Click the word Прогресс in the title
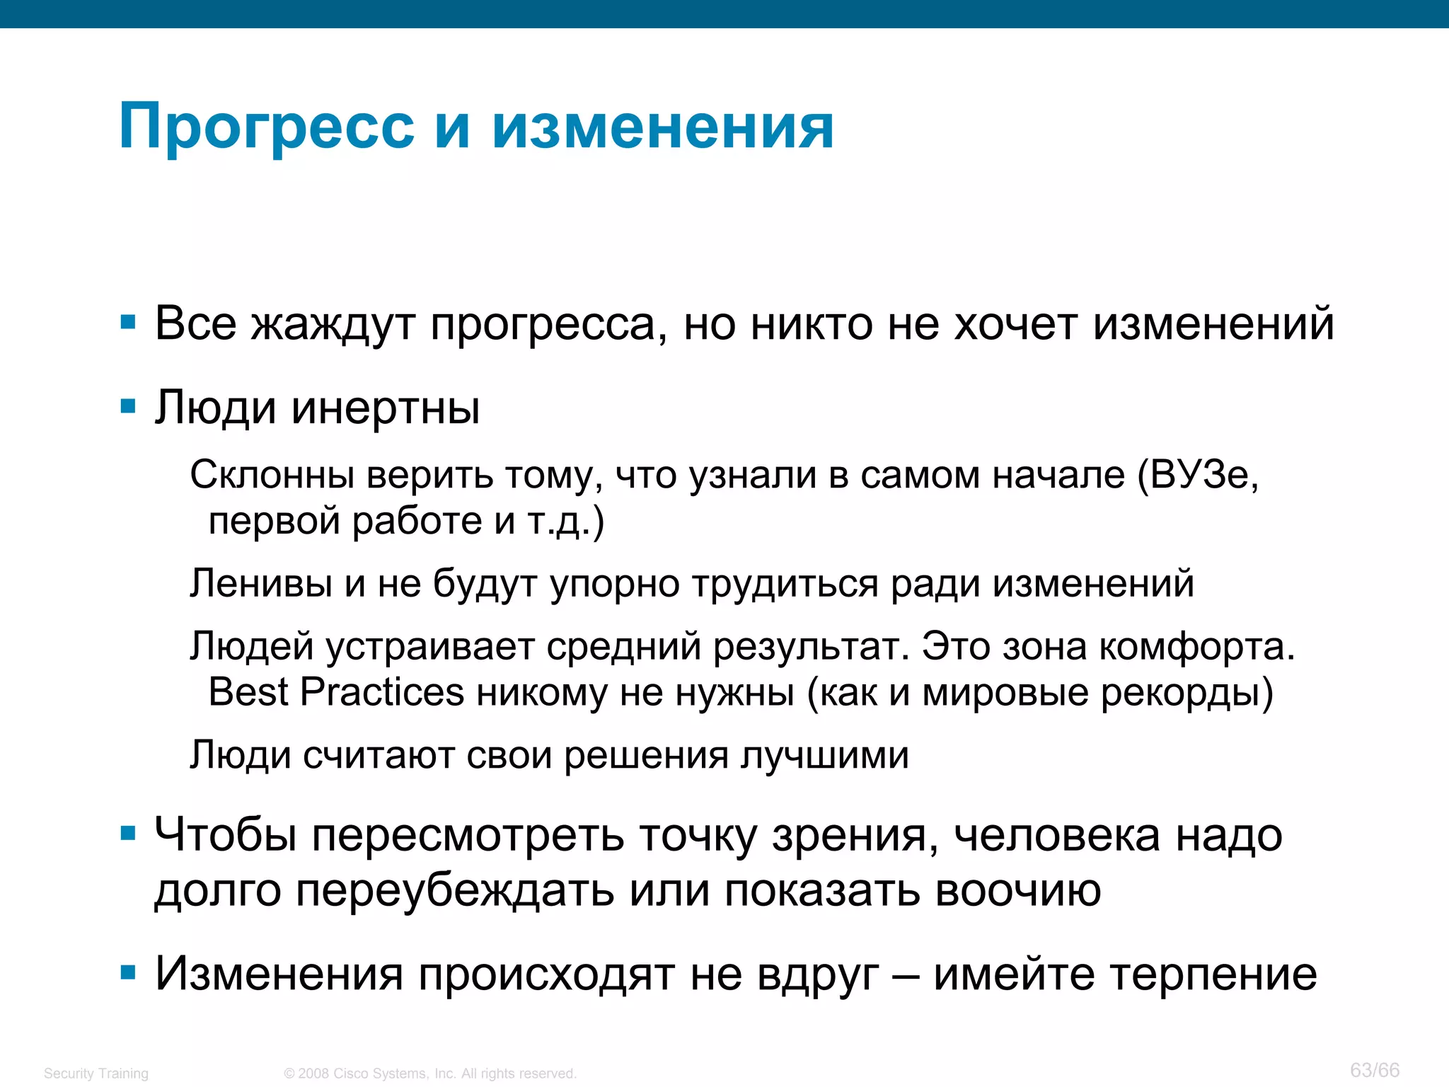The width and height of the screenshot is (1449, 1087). tap(267, 128)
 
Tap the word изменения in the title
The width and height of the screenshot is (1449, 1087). tap(663, 128)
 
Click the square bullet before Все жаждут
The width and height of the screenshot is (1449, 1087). tap(128, 323)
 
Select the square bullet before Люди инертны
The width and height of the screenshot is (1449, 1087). tap(128, 407)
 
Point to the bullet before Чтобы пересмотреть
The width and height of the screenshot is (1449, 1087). tap(128, 834)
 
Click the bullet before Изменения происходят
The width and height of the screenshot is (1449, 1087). tap(128, 973)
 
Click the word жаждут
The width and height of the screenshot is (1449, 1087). tap(333, 325)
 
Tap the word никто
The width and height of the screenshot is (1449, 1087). tap(812, 323)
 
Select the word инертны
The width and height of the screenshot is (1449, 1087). tap(386, 408)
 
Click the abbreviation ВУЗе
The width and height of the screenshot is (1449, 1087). tap(1203, 475)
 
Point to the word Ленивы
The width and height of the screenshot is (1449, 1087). tap(261, 584)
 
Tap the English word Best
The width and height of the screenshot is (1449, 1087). tap(248, 691)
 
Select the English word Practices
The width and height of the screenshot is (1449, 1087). tap(382, 691)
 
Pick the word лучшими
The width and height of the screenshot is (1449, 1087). tap(824, 755)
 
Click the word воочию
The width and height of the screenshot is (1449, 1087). tap(1018, 890)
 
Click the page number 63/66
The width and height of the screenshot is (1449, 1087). tap(1374, 1069)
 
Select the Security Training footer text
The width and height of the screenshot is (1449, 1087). tap(96, 1073)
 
